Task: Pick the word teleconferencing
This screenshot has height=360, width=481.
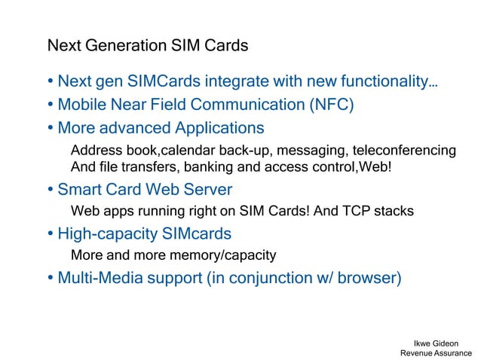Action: pyautogui.click(x=400, y=150)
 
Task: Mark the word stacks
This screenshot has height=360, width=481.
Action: pyautogui.click(x=393, y=212)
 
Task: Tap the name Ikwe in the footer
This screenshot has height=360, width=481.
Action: pyautogui.click(x=427, y=343)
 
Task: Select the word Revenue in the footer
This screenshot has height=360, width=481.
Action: pyautogui.click(x=416, y=353)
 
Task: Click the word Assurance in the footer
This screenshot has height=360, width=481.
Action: pyautogui.click(x=453, y=353)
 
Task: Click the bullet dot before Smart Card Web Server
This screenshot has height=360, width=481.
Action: pyautogui.click(x=50, y=189)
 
